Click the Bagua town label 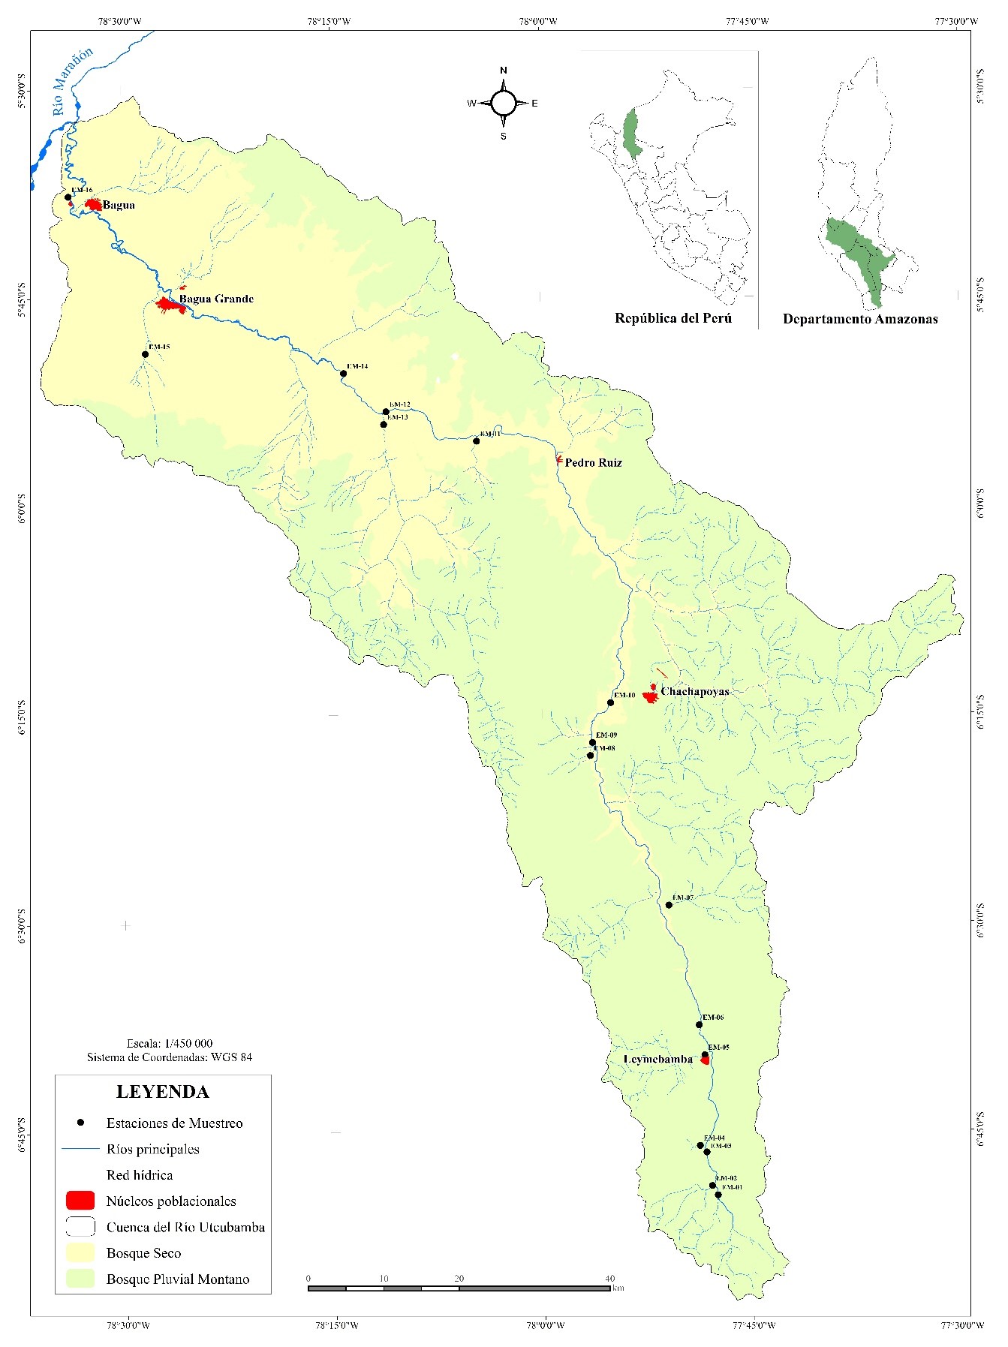pos(119,205)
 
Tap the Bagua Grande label pos(216,299)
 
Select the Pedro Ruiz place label pos(593,463)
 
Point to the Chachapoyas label pos(694,692)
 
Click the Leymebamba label pos(658,1059)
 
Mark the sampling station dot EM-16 pos(68,197)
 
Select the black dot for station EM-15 pos(146,354)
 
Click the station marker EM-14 pos(344,373)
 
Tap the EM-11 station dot pos(476,440)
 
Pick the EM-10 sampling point pos(610,702)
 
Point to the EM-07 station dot pos(669,904)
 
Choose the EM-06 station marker pos(699,1024)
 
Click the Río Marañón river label pos(73,81)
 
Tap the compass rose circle pos(504,104)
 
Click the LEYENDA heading pos(162,1092)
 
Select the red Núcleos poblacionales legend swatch pos(80,1200)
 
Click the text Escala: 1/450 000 pos(170,1043)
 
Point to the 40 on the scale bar pos(609,1278)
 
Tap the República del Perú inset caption pos(673,318)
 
